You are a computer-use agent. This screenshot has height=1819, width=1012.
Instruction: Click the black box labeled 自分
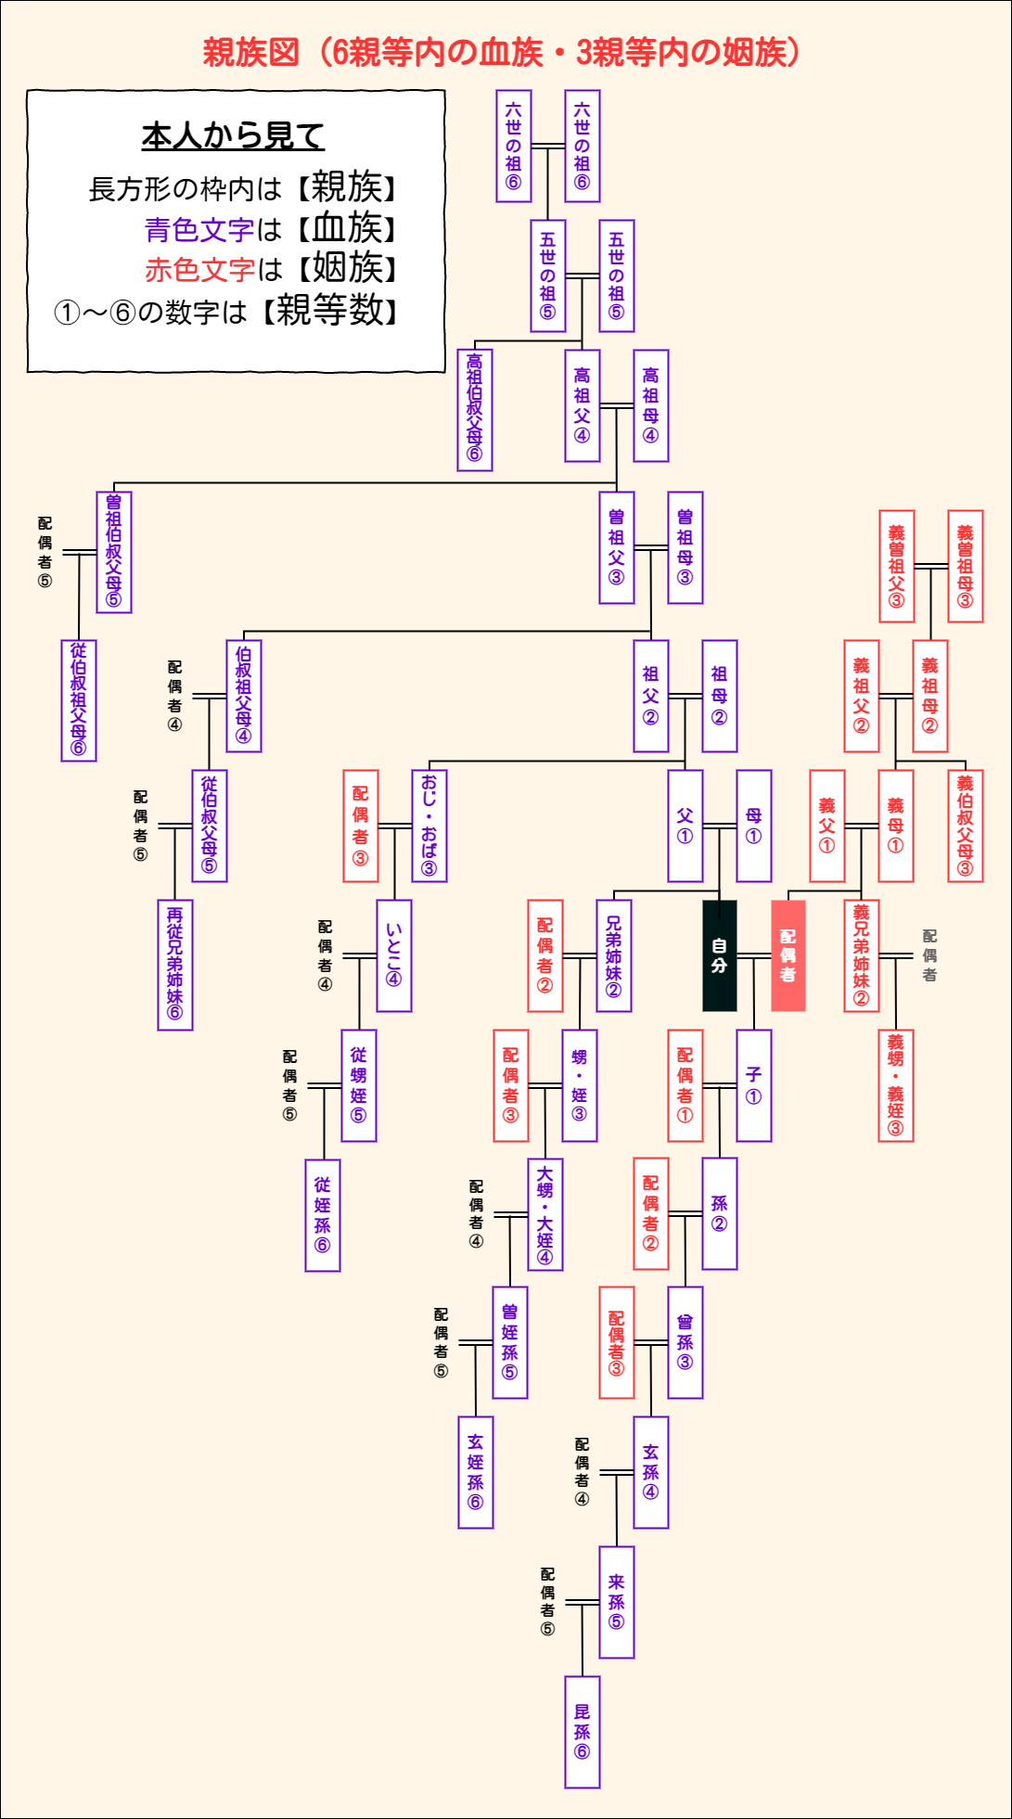719,955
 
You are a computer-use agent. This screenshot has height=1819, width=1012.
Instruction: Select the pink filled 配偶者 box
788,955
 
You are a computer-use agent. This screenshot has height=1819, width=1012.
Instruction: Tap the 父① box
685,826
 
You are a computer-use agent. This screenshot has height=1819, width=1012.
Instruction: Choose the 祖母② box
719,696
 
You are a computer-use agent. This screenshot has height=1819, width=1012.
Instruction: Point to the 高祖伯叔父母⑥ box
474,410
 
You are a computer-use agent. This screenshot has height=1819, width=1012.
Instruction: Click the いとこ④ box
393,955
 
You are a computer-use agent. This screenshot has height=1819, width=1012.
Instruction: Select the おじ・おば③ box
429,826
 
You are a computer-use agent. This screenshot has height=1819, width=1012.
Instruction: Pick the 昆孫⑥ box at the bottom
582,1732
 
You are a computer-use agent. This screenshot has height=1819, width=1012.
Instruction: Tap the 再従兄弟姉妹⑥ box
174,965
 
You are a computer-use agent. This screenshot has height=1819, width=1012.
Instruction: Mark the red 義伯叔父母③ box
965,826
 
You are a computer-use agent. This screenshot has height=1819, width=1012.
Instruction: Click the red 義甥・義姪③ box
895,1085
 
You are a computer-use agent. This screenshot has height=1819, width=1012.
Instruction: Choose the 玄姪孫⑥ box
475,1472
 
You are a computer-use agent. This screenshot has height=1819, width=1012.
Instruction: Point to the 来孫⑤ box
616,1602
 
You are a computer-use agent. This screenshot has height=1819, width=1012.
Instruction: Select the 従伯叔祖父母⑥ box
78,700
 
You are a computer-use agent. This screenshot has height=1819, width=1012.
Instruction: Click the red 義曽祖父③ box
896,566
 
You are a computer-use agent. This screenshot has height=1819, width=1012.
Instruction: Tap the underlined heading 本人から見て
233,136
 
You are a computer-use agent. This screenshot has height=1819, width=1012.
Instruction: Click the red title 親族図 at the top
250,53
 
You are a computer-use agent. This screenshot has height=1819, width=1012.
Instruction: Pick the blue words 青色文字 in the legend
199,229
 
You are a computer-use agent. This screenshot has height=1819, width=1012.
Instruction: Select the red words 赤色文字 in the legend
199,270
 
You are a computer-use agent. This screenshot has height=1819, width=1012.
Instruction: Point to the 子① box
753,1085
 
